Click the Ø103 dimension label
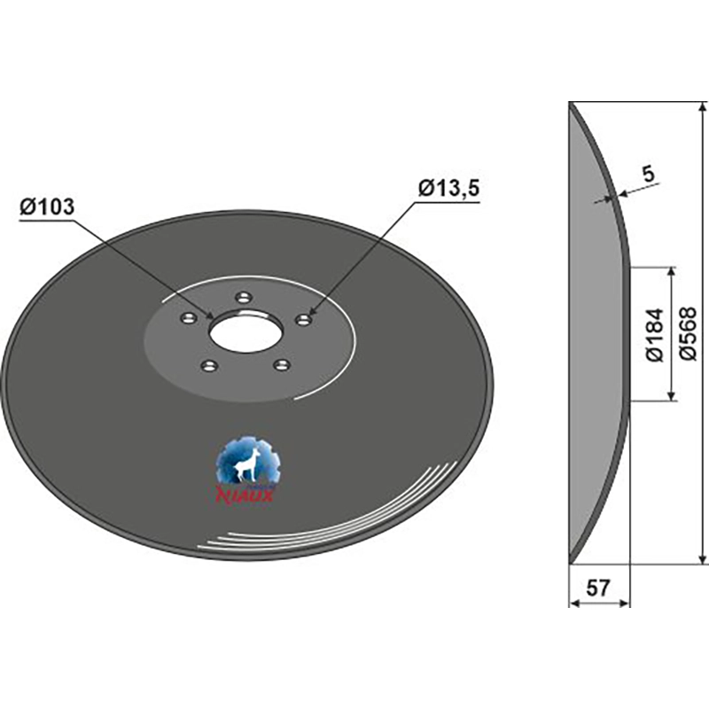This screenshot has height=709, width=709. tap(47, 207)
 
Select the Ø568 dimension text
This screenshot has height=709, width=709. tap(689, 334)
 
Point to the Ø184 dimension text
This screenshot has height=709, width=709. tap(654, 334)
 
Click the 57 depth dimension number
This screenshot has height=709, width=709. tap(599, 588)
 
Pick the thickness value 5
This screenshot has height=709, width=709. tap(649, 175)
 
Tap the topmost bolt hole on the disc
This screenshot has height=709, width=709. tap(245, 298)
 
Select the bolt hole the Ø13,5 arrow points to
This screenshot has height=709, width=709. tap(303, 320)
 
